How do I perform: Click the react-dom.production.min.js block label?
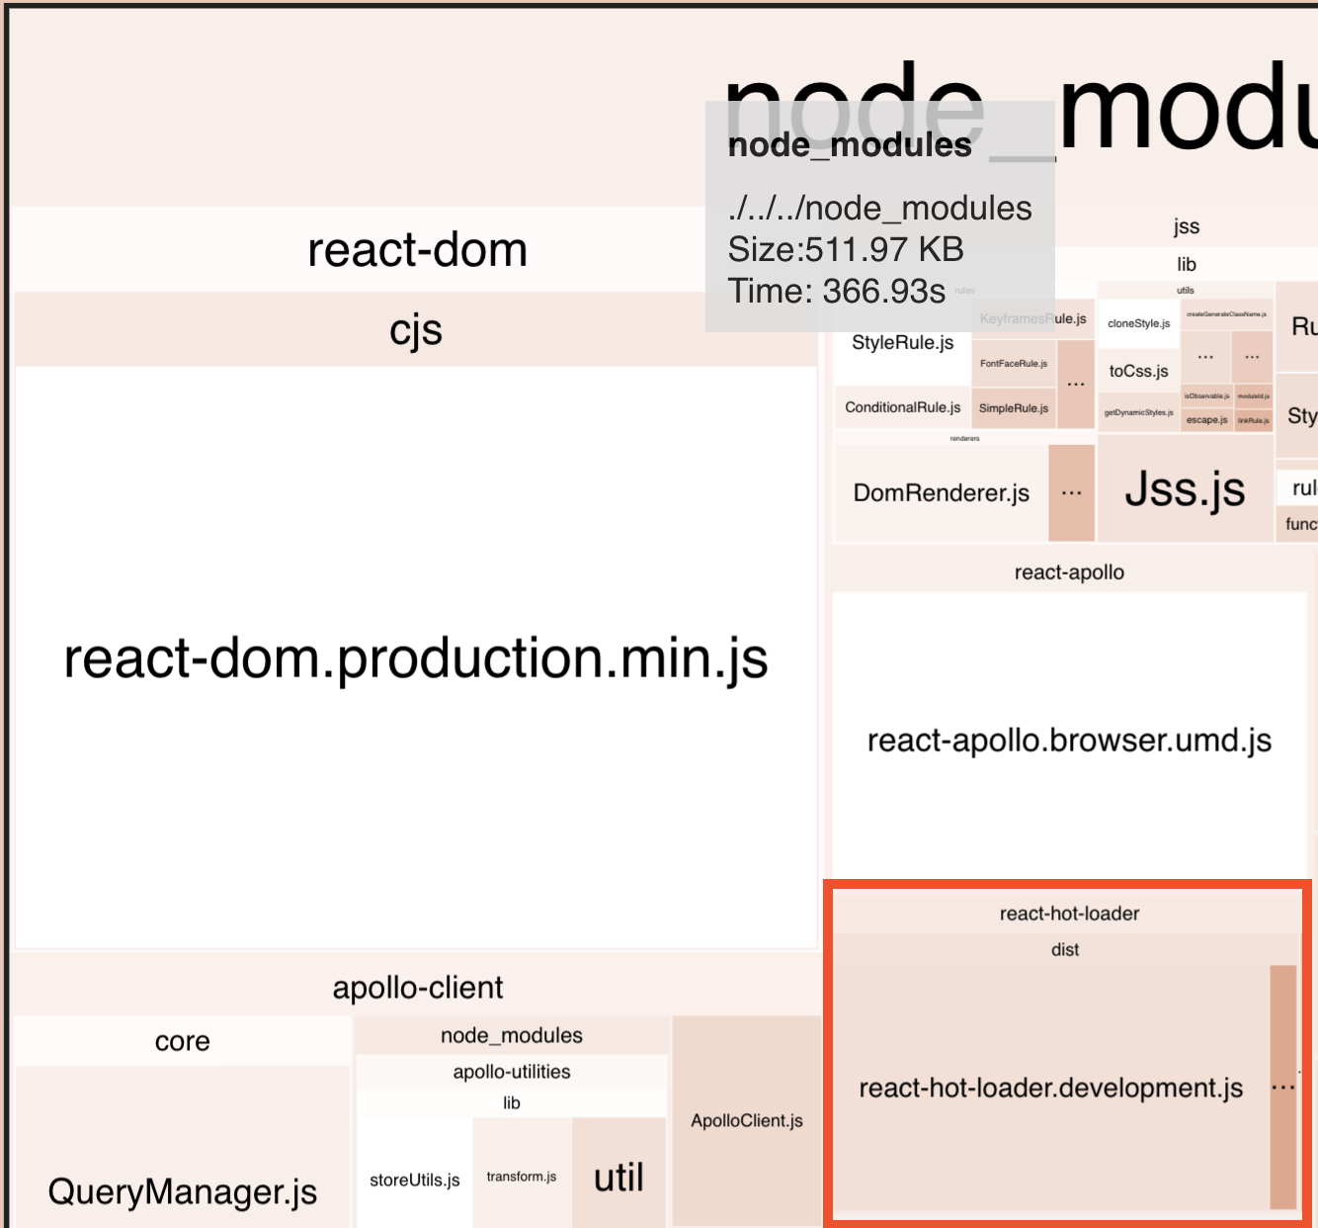(x=416, y=658)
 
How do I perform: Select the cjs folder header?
(x=416, y=330)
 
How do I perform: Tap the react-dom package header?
(x=417, y=249)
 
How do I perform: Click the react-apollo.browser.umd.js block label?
(x=1069, y=741)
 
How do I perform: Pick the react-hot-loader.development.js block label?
(x=1050, y=1089)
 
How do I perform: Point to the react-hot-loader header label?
(x=1069, y=914)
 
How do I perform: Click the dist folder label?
(x=1065, y=949)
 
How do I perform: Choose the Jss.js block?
(x=1185, y=489)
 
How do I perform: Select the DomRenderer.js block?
(x=941, y=492)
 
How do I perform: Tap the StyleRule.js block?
(x=902, y=343)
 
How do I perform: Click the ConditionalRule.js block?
(x=902, y=407)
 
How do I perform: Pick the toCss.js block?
(x=1138, y=371)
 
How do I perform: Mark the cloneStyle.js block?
(x=1138, y=323)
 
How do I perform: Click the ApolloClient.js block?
(x=747, y=1120)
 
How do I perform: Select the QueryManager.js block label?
(x=183, y=1191)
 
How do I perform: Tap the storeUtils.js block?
(x=415, y=1180)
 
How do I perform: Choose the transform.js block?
(x=522, y=1177)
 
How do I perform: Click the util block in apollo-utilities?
(x=618, y=1178)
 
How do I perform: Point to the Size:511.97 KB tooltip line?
(x=846, y=249)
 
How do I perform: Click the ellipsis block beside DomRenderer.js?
(x=1071, y=492)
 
